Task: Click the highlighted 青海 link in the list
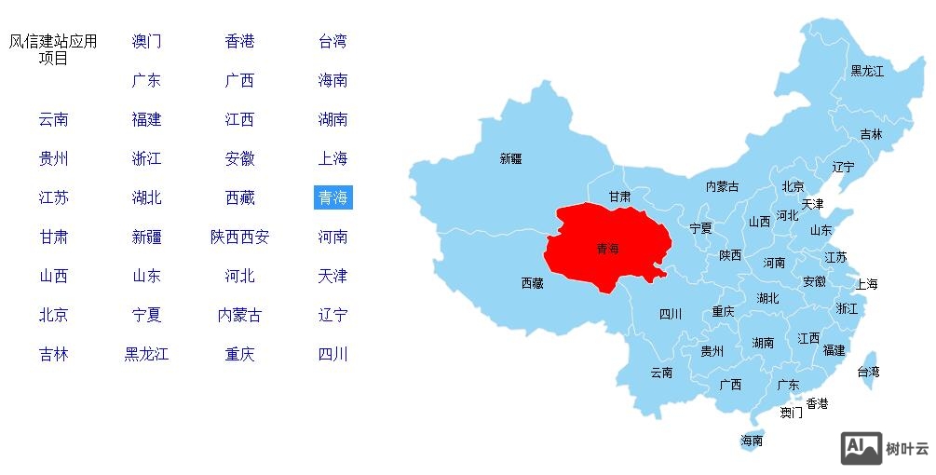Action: click(x=332, y=197)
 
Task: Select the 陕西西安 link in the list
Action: click(x=239, y=237)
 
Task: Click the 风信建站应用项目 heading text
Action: click(x=53, y=49)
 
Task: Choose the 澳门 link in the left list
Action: click(x=146, y=41)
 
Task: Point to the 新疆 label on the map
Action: click(x=510, y=159)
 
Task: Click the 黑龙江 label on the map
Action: click(x=866, y=71)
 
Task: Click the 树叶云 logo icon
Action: click(x=861, y=448)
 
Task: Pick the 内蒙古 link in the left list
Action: click(x=239, y=315)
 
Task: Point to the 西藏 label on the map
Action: click(x=532, y=283)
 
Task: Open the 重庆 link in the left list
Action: click(x=239, y=354)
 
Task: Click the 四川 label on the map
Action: click(x=670, y=314)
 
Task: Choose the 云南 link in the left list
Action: click(x=53, y=119)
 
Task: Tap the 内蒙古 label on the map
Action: click(x=722, y=187)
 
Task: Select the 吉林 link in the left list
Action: click(x=53, y=354)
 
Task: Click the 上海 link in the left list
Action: click(x=332, y=158)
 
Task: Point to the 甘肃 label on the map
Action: click(x=619, y=197)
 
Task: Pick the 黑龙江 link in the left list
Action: click(x=146, y=354)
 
